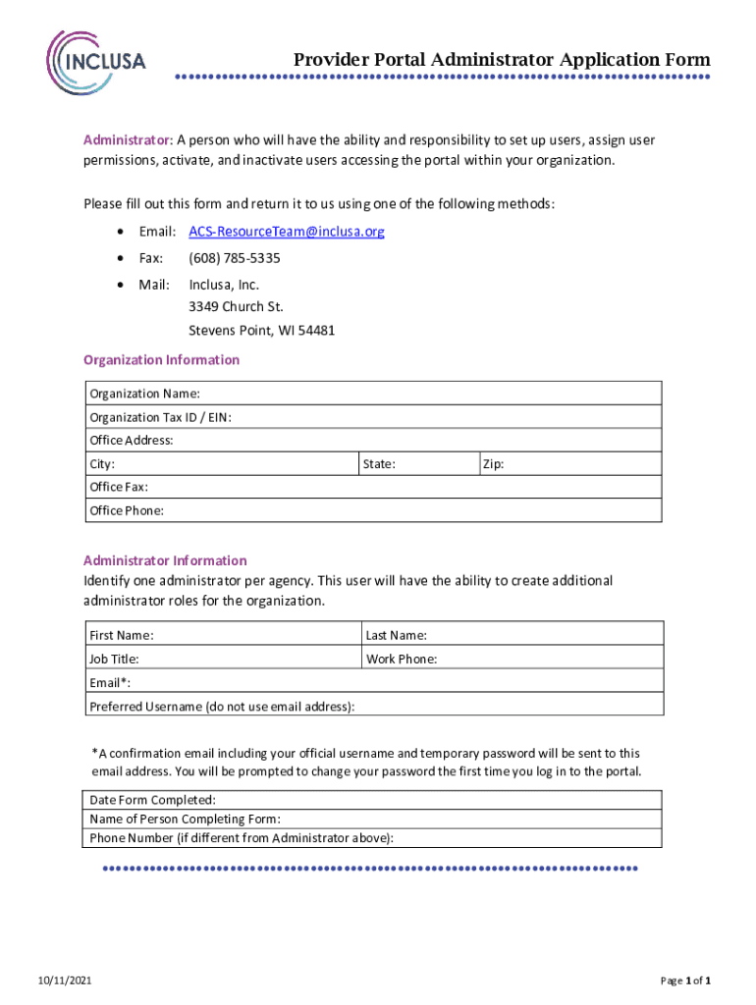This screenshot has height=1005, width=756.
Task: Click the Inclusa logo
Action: click(x=97, y=61)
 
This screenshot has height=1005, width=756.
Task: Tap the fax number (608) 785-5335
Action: click(x=235, y=258)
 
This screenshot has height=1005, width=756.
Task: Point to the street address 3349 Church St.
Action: click(x=236, y=306)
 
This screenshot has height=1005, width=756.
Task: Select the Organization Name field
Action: click(x=422, y=394)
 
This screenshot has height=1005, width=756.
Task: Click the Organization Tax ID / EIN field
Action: click(x=442, y=417)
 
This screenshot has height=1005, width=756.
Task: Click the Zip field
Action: click(x=579, y=464)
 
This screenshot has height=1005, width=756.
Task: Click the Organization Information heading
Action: click(x=161, y=360)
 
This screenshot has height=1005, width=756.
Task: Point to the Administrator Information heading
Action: click(x=165, y=560)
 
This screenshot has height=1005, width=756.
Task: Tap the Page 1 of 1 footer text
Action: click(x=684, y=980)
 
